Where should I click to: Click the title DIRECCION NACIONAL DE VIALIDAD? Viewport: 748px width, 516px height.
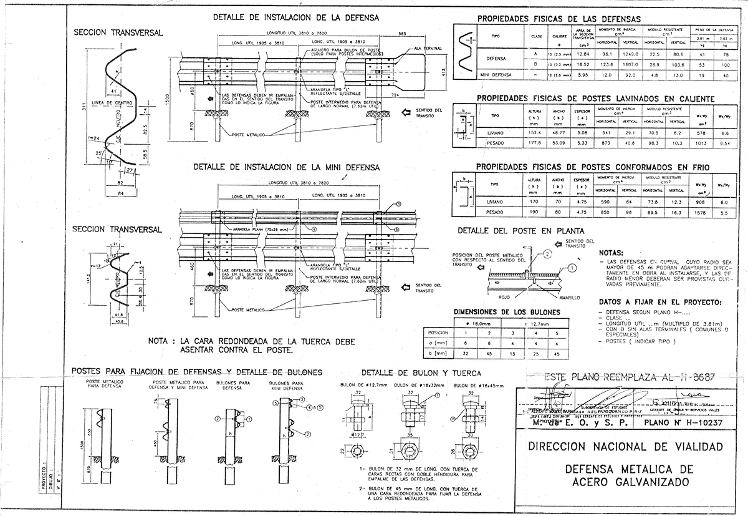(x=626, y=447)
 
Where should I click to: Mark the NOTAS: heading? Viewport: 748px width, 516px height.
(x=613, y=253)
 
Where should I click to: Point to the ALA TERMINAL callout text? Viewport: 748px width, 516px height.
(x=428, y=48)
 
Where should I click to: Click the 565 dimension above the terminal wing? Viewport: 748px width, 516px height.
(x=403, y=32)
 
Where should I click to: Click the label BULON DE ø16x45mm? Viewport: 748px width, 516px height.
(x=469, y=386)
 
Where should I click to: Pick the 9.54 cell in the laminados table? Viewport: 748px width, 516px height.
(x=724, y=143)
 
